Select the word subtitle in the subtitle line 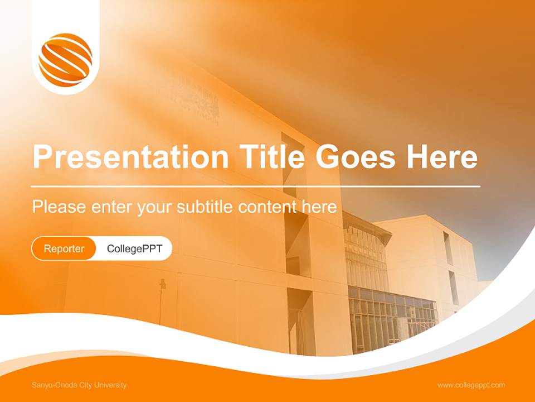205,207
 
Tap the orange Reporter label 64,248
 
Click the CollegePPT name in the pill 134,248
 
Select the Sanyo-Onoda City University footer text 79,385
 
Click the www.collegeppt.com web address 471,385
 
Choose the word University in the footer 111,385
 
